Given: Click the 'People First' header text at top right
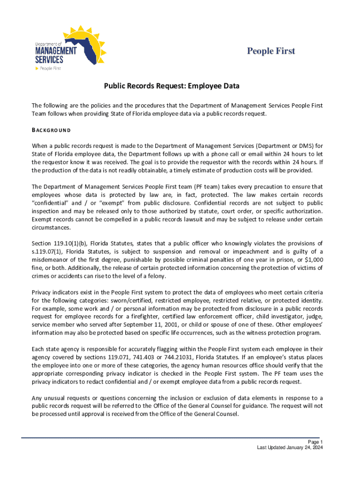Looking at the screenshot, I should pos(271,51).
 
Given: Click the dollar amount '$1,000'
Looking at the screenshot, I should pos(313,260).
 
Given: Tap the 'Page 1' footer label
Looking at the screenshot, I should pos(315,442).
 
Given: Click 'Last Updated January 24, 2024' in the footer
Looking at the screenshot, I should pos(290,448).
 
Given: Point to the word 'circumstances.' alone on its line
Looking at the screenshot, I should pos(50,227).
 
